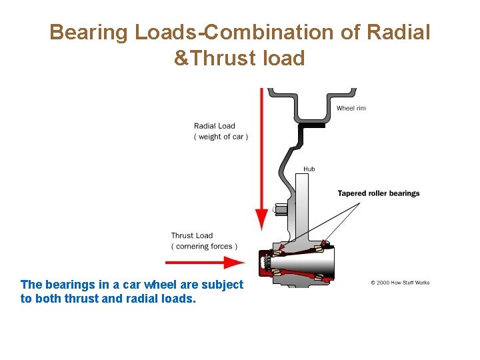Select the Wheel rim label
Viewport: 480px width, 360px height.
(351, 108)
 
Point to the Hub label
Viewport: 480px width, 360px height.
(309, 169)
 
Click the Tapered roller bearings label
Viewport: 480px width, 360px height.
(379, 193)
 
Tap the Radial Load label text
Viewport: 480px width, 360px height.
(214, 126)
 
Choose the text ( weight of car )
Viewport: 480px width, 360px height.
(221, 137)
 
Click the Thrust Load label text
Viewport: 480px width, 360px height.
(192, 235)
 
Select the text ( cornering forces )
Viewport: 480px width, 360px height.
(204, 246)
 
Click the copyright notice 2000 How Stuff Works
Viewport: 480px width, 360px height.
(400, 283)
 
